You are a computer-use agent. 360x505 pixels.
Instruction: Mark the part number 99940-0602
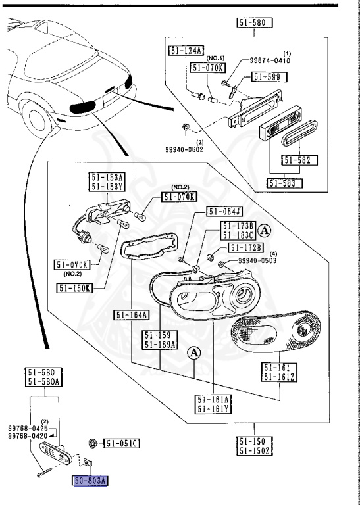pos(184,149)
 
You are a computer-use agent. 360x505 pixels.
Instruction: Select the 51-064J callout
pos(224,211)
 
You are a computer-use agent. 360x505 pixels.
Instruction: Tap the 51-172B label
pos(245,247)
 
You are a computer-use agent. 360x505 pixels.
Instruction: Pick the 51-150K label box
pos(74,287)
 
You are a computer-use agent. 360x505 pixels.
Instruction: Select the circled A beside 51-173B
pos(265,231)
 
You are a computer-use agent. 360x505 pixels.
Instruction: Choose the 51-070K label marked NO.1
pos(207,68)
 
